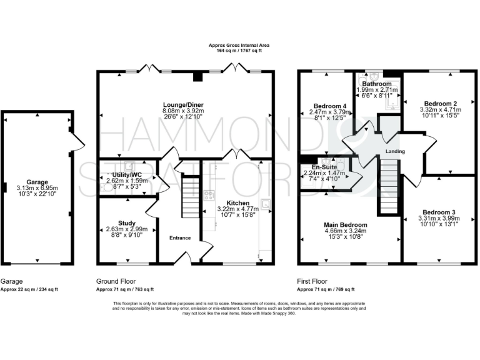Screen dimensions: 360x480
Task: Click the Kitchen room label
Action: (x=238, y=203)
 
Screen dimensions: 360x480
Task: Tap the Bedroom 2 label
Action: (x=441, y=103)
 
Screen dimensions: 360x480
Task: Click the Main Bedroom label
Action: (x=346, y=224)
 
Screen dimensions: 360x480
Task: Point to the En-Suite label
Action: (x=325, y=168)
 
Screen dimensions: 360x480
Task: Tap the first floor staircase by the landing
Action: (x=388, y=184)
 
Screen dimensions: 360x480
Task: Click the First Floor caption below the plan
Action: (x=312, y=282)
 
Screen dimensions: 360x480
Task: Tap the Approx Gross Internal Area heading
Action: (x=240, y=45)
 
